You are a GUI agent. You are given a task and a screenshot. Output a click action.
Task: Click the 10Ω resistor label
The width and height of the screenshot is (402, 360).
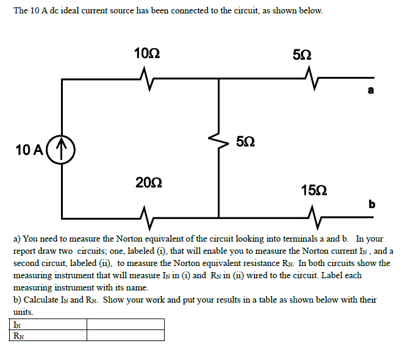click(147, 53)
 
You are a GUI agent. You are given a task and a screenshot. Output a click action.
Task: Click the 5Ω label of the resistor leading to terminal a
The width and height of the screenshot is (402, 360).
click(303, 53)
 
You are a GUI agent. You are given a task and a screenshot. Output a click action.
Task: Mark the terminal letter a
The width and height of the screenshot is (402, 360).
click(370, 92)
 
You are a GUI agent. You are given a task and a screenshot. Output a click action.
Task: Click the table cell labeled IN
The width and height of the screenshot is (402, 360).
click(48, 324)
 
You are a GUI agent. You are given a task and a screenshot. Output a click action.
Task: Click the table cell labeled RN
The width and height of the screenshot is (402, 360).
click(48, 335)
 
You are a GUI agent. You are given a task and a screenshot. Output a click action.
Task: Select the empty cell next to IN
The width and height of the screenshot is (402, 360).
click(125, 324)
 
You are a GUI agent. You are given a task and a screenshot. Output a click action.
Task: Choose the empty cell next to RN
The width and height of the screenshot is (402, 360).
click(125, 335)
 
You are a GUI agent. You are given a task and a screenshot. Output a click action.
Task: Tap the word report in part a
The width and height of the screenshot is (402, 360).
click(27, 250)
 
